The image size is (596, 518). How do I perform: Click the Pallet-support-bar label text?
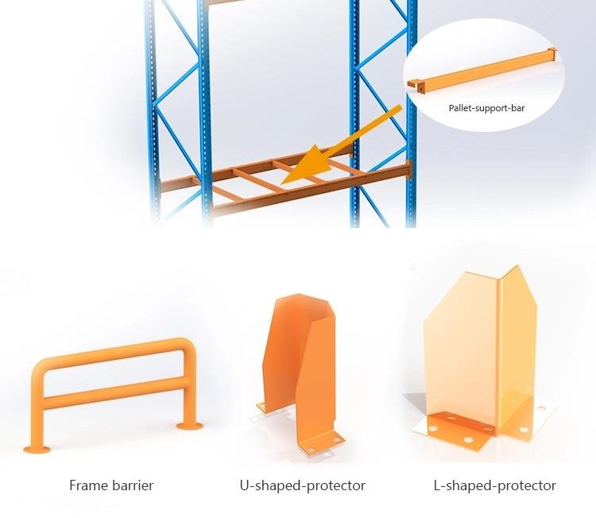[486, 108]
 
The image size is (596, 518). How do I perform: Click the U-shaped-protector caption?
[303, 485]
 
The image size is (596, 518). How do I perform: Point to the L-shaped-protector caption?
[495, 485]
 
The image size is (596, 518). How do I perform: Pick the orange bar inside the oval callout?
[482, 71]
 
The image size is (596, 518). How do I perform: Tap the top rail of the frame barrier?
[114, 354]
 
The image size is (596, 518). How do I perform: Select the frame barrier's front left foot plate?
[37, 450]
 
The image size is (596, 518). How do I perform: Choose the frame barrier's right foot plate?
[189, 425]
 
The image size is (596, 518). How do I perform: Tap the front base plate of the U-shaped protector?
[321, 443]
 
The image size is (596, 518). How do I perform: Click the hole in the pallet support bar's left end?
[420, 89]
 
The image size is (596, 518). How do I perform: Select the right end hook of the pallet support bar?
[552, 52]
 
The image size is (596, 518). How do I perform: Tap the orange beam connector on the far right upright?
[408, 169]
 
